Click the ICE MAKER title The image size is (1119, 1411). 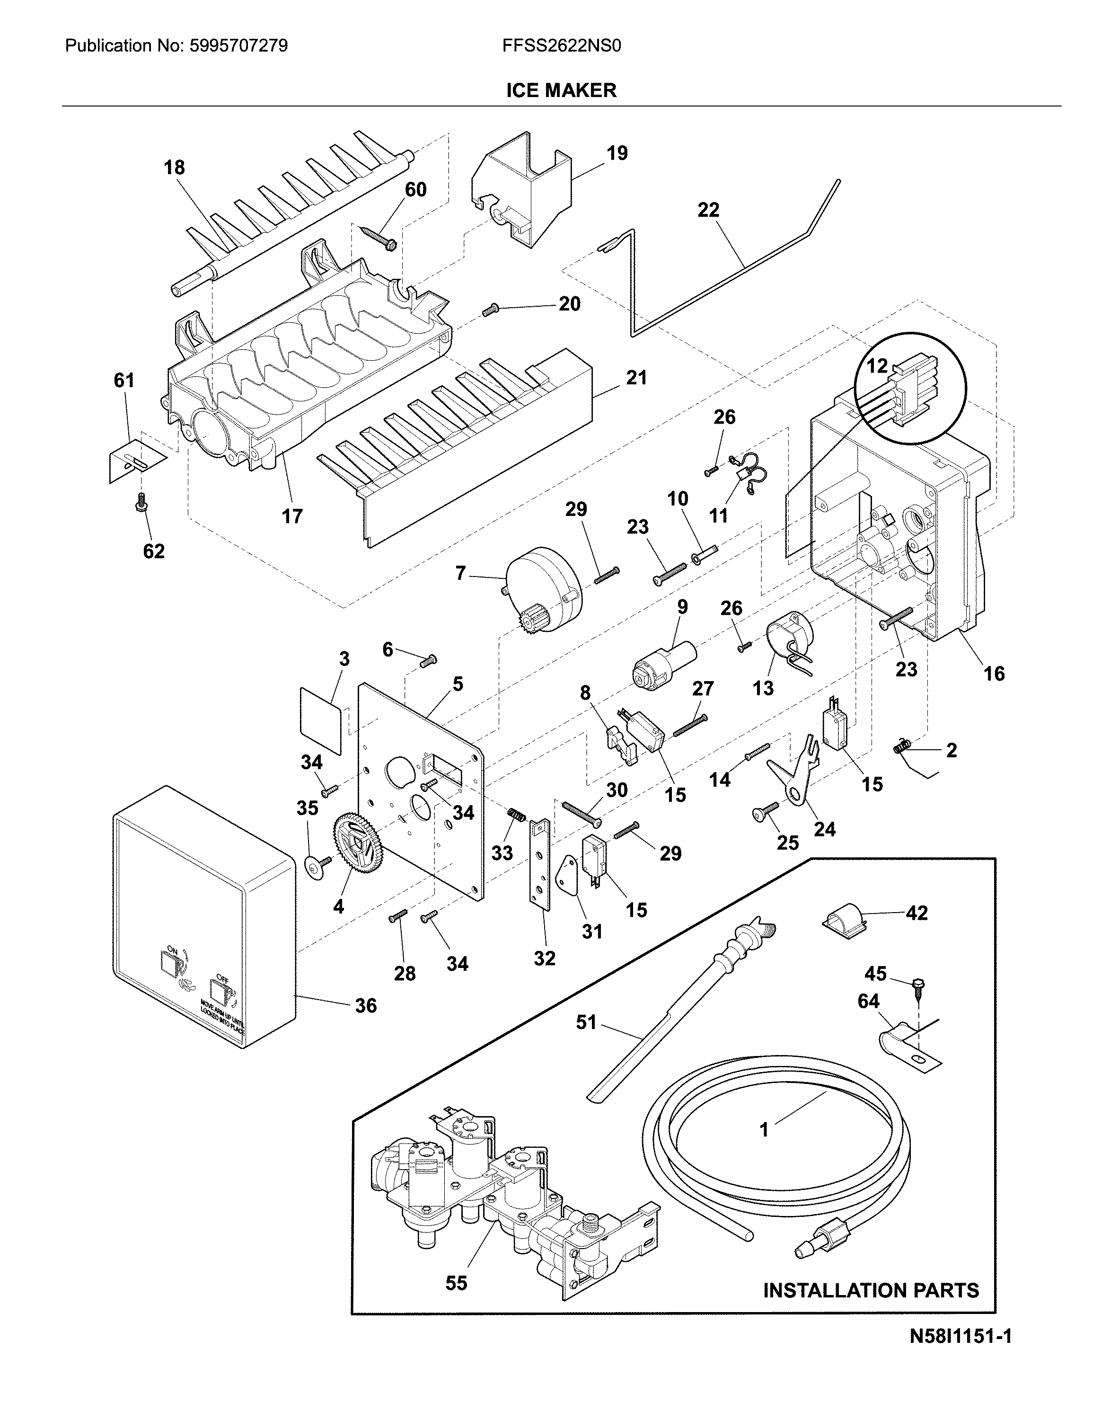click(x=561, y=90)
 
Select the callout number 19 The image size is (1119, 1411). click(x=617, y=153)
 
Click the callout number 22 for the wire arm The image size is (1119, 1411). click(x=708, y=210)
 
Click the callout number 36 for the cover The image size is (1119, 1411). click(x=365, y=1005)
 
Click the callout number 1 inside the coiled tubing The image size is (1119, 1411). click(x=763, y=1129)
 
